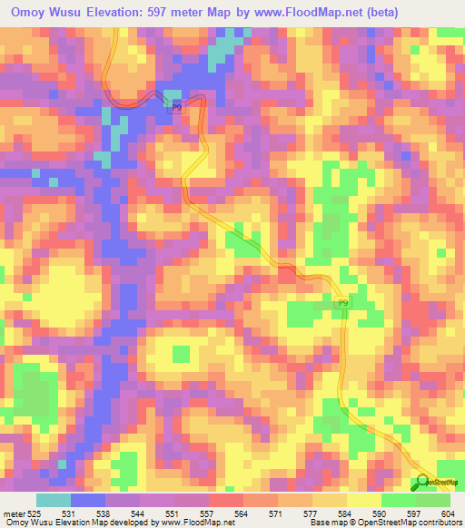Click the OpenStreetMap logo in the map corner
click(440, 482)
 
